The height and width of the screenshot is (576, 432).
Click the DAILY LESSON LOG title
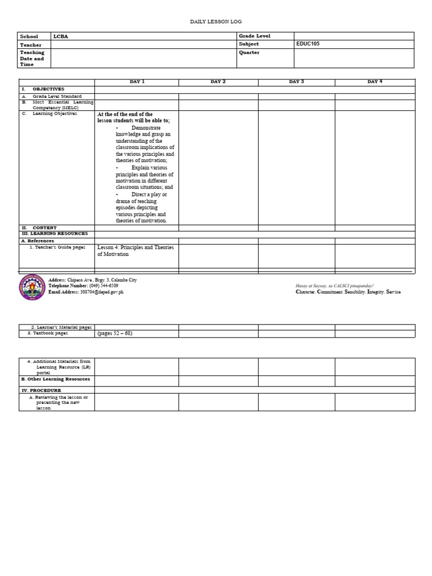[215, 21]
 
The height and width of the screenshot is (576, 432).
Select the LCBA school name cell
[61, 36]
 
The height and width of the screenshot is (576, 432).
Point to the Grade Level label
[254, 36]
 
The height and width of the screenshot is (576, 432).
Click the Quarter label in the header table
[249, 52]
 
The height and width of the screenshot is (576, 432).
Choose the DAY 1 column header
[137, 82]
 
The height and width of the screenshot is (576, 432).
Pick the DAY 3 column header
[296, 82]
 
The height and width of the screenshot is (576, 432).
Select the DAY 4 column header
[375, 82]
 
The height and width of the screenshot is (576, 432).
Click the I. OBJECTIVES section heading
[43, 89]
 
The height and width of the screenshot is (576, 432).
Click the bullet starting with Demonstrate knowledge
[145, 144]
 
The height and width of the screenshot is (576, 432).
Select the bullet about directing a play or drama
[142, 208]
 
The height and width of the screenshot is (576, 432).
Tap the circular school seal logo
[32, 287]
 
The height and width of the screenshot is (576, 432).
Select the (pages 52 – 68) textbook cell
[115, 333]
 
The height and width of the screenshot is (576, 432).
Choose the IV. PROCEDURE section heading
[42, 390]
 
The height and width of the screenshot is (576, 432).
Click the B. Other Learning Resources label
[56, 379]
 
